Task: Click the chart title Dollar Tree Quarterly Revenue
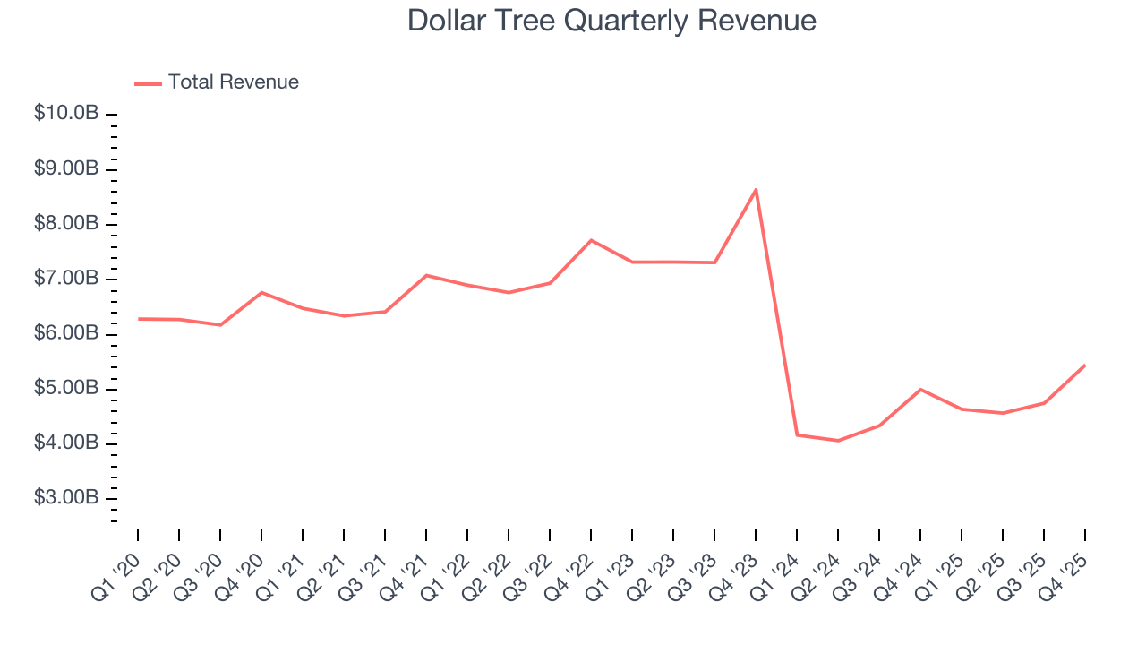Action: point(611,21)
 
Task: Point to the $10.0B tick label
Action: point(66,114)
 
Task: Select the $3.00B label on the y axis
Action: point(66,498)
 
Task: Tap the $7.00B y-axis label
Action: point(66,279)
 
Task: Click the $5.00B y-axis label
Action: point(66,389)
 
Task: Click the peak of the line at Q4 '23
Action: point(756,189)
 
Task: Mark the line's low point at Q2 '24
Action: point(838,441)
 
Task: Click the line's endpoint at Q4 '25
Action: point(1085,365)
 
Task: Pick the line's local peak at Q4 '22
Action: point(591,240)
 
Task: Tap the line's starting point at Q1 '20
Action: point(138,319)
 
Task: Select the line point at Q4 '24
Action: point(920,389)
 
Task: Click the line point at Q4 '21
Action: point(426,275)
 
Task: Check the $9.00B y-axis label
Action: point(66,169)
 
